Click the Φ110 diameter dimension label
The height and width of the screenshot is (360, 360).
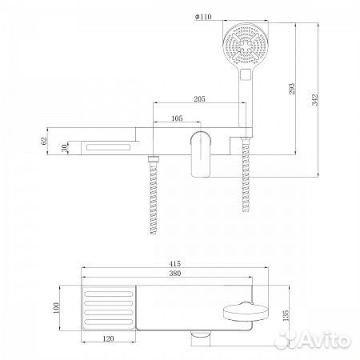coord(203,17)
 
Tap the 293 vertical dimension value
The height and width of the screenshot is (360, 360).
coord(292,89)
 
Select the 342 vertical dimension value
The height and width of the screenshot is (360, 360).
coord(315,100)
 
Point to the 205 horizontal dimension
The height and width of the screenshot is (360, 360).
coord(199,99)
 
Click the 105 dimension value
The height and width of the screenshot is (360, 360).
coord(177,118)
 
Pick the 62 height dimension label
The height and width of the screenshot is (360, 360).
coord(44,140)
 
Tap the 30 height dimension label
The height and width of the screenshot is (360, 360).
coord(65,148)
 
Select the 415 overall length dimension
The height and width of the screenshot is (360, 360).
coord(175,263)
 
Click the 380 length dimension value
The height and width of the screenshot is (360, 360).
coord(175,274)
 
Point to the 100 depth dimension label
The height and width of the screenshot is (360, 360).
coord(56,308)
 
